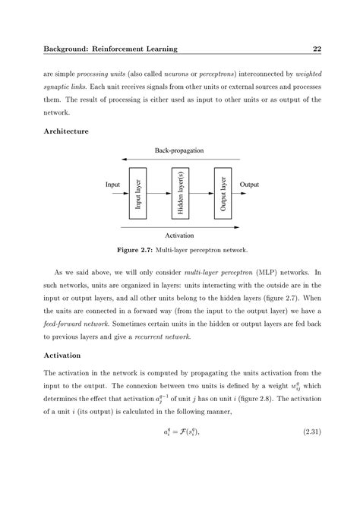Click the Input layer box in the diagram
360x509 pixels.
point(138,193)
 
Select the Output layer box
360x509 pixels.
point(223,193)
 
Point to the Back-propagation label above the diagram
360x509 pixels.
point(179,150)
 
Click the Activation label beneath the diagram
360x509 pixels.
point(180,236)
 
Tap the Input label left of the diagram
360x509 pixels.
point(112,184)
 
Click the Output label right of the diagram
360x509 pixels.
point(249,184)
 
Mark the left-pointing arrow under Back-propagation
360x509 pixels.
point(180,160)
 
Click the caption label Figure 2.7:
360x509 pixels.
point(135,249)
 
